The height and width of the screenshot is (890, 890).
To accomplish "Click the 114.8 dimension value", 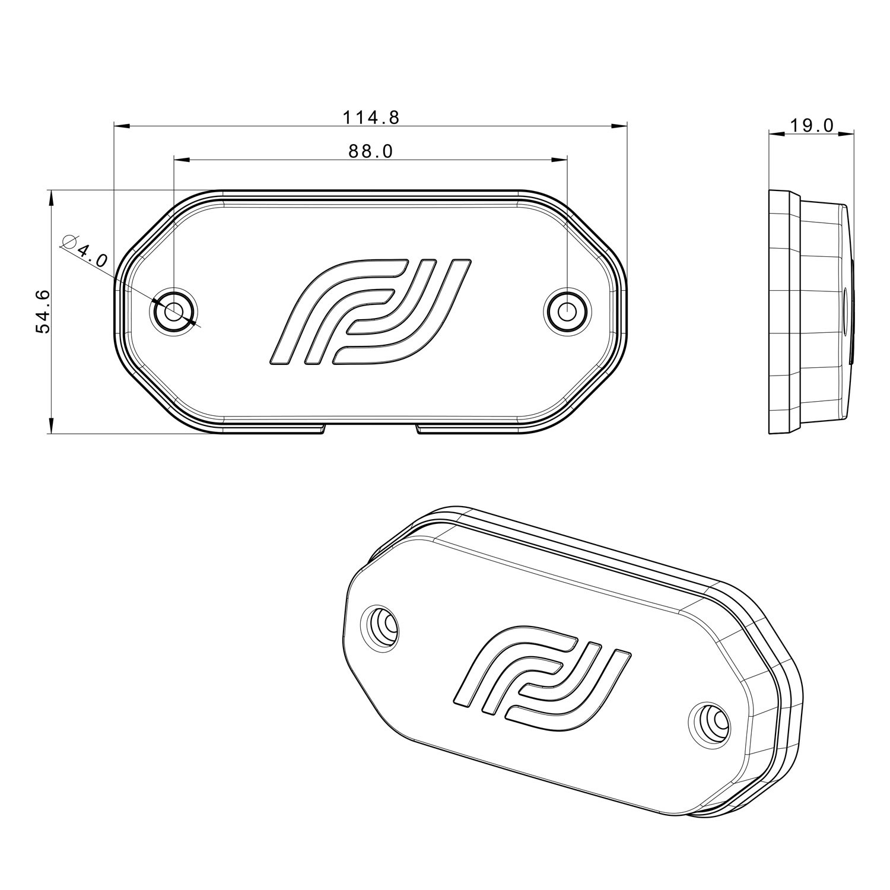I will tap(371, 117).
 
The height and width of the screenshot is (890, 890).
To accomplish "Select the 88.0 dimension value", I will tap(371, 152).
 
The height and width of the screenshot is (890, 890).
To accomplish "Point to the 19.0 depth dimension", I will tap(812, 125).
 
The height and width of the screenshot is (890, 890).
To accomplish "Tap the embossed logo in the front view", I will tap(371, 311).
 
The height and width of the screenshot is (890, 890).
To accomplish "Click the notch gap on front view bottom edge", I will tap(371, 428).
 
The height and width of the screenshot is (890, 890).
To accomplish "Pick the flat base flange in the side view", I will tap(783, 311).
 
